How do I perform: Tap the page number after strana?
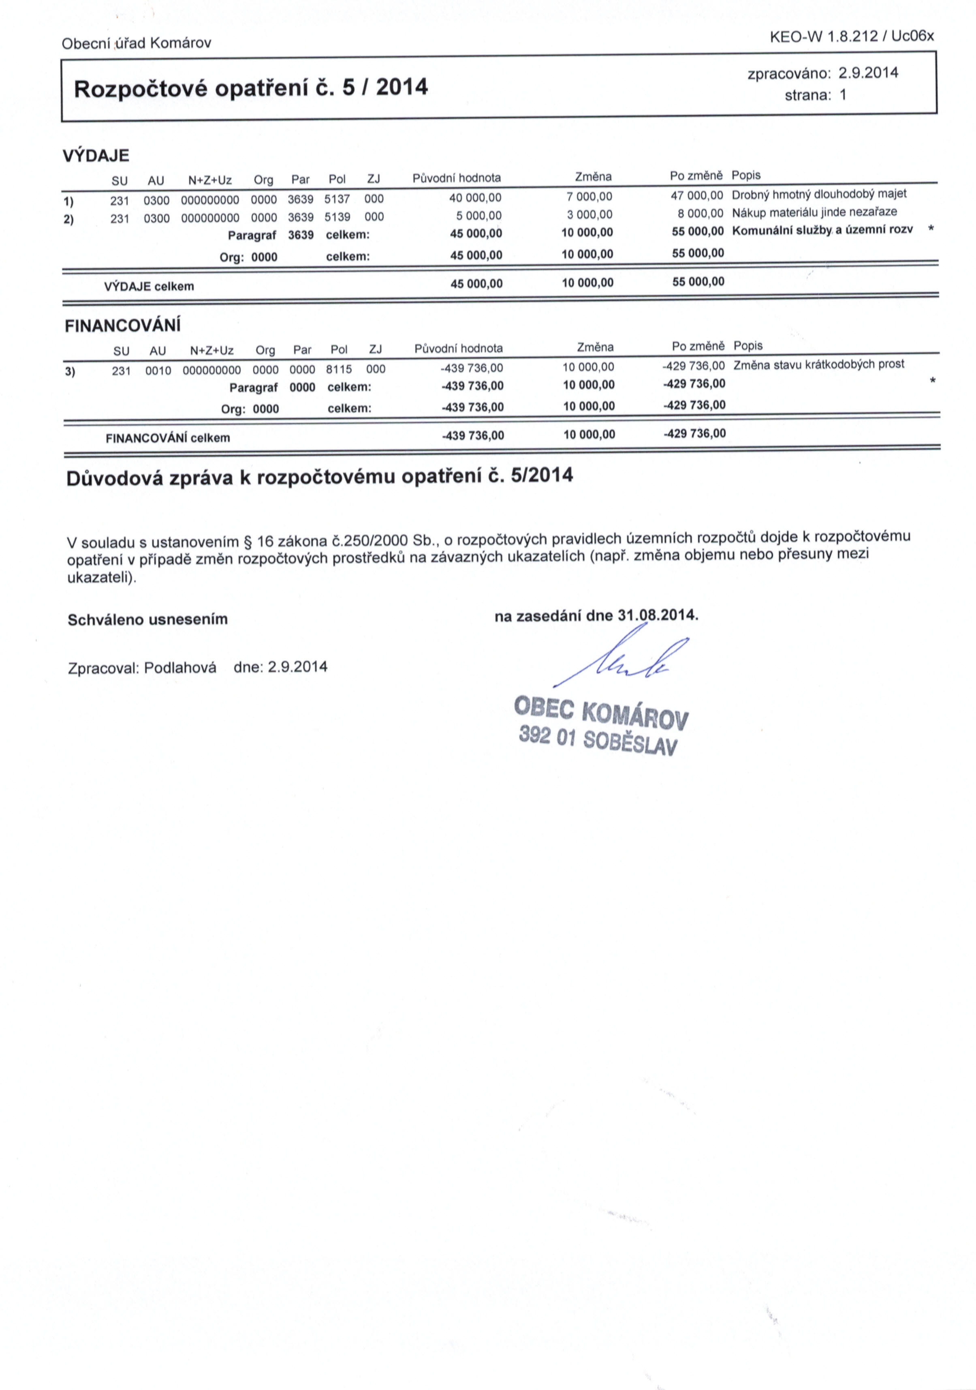[x=843, y=95]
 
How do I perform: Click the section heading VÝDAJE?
[x=96, y=156]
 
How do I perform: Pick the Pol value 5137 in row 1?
[x=337, y=199]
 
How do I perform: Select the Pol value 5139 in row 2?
[x=337, y=217]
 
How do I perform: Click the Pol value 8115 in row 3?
[x=339, y=369]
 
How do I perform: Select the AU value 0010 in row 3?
[x=158, y=371]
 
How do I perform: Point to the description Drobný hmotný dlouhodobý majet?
[x=819, y=194]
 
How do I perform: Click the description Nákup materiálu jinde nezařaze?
[x=814, y=212]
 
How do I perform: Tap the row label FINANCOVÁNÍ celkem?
[x=168, y=438]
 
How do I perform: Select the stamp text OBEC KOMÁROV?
[x=601, y=713]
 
